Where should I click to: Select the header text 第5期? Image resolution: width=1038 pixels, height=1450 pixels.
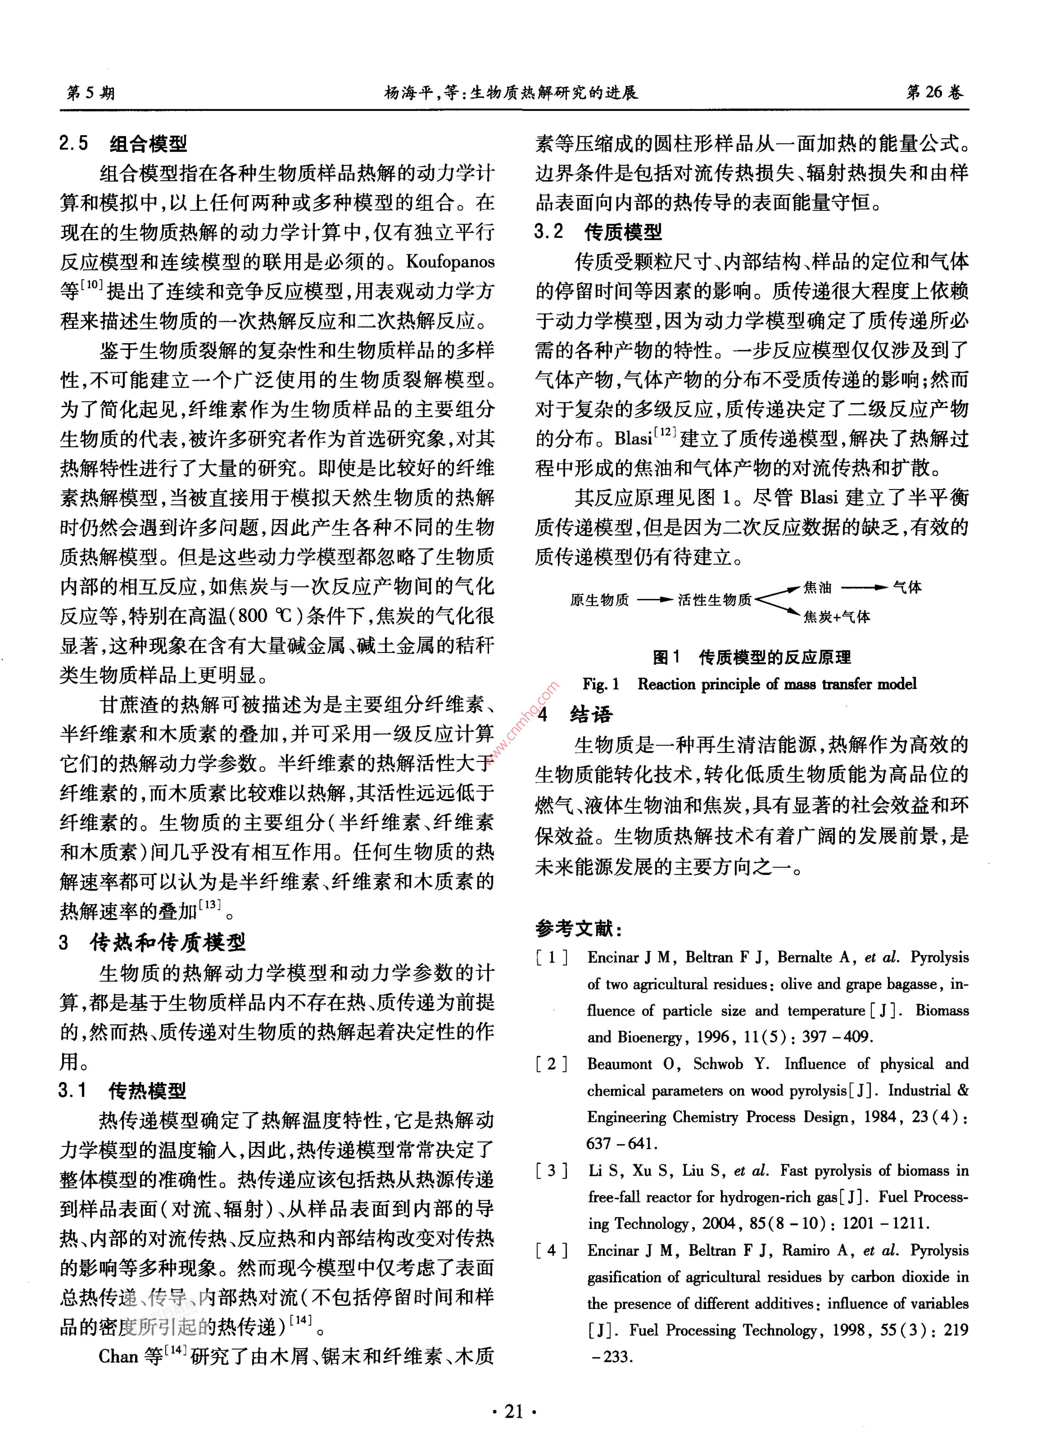click(x=91, y=93)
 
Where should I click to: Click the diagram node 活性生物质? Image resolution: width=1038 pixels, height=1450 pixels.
click(x=715, y=600)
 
